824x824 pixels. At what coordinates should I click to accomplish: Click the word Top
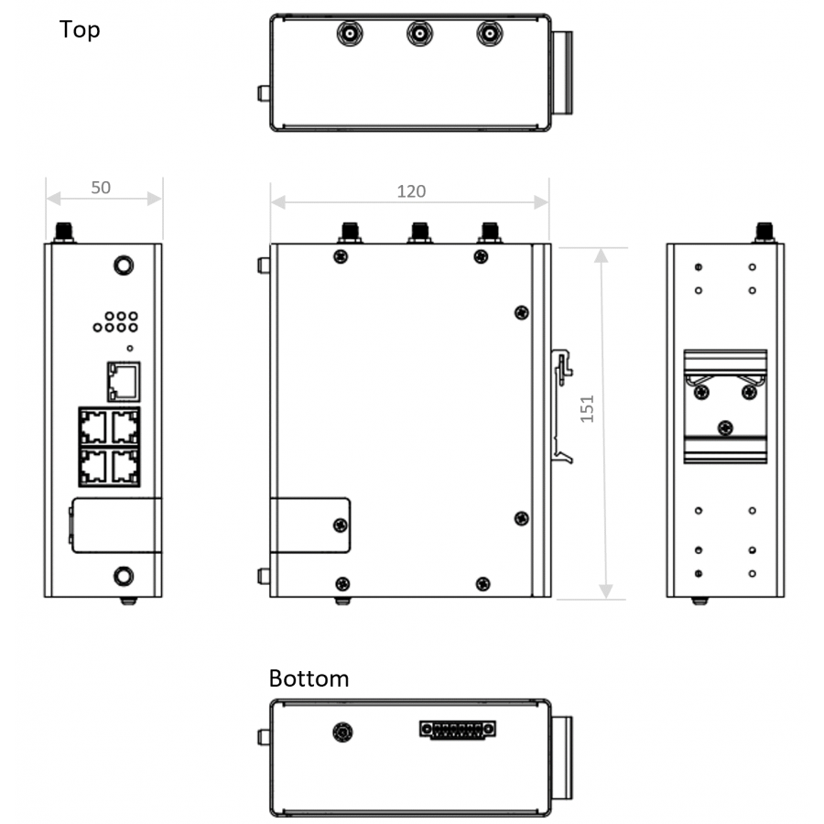80,29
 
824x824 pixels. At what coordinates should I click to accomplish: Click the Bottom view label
309,678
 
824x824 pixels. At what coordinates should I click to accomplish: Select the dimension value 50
101,188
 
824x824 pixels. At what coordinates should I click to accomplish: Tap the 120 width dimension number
410,191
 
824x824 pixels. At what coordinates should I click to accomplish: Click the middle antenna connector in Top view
419,35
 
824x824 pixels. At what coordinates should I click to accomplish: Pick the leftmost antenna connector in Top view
350,35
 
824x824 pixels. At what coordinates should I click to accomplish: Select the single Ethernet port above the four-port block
123,381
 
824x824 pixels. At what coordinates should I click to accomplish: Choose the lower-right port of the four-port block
124,467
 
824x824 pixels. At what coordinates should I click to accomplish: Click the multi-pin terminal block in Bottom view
458,730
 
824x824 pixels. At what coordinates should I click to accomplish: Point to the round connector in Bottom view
342,732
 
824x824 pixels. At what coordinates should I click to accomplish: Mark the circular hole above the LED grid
123,266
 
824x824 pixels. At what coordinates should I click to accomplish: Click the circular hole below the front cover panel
123,576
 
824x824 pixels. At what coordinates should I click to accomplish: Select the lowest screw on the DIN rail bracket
725,427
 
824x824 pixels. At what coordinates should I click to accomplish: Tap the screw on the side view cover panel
340,525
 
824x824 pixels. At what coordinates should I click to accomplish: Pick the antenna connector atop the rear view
763,233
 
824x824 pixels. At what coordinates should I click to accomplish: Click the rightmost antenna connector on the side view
489,233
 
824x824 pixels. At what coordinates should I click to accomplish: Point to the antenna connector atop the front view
64,233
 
